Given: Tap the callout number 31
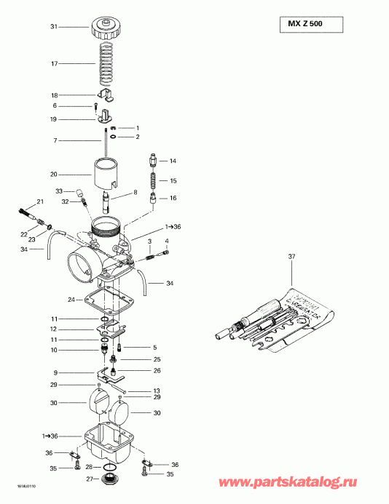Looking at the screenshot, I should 53,27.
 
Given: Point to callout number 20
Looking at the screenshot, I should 53,175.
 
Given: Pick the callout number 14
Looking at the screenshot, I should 173,161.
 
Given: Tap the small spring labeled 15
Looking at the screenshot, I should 152,180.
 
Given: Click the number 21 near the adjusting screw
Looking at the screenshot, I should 40,201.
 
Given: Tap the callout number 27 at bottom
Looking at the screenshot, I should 90,478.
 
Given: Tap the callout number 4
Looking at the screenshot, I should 166,241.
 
